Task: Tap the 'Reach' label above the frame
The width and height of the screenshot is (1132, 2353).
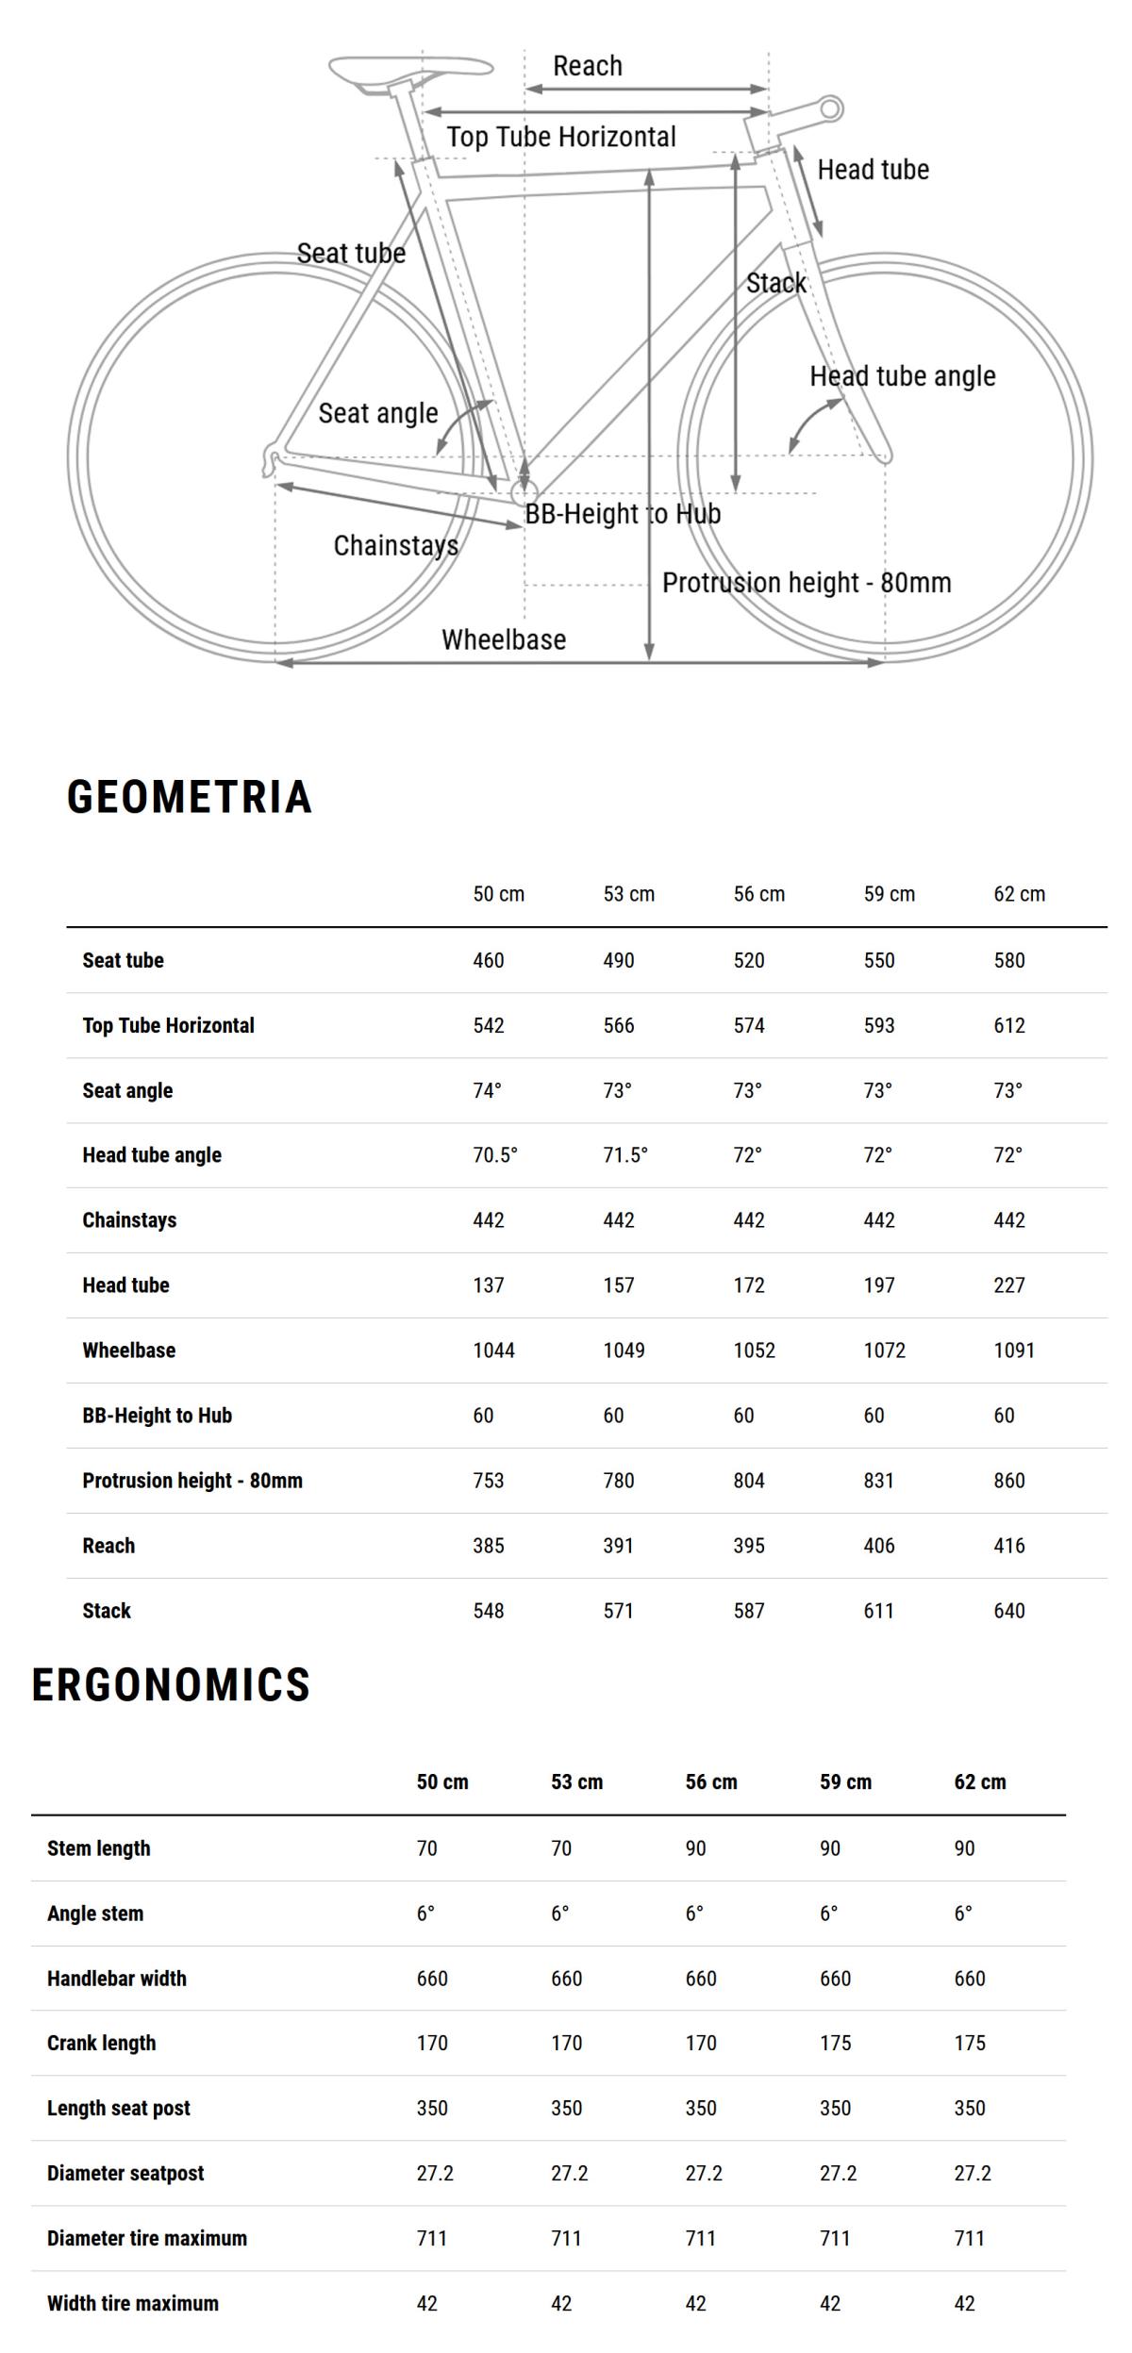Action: tap(587, 66)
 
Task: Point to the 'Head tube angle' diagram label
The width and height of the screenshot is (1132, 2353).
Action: tap(902, 376)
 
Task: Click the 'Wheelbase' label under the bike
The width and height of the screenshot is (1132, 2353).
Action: tap(504, 639)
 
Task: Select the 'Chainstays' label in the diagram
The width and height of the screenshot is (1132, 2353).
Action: tap(396, 545)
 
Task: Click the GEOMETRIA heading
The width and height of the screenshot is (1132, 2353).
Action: tap(189, 797)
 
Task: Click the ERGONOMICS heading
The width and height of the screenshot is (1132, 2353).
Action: tap(171, 1684)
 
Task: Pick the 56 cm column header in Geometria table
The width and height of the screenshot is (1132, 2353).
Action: tap(758, 894)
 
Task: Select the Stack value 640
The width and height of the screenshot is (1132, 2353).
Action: tap(1008, 1611)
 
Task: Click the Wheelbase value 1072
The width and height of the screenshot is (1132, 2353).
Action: tap(884, 1350)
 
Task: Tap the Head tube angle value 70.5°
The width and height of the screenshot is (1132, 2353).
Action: tap(495, 1155)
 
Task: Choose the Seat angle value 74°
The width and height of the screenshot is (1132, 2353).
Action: tap(487, 1090)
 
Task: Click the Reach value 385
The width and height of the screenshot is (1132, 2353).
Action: tap(488, 1546)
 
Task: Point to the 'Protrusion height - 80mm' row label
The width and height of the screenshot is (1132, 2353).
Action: tap(192, 1481)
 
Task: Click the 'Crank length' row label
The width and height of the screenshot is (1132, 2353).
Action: tap(101, 2043)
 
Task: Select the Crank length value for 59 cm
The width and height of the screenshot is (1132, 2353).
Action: tap(835, 2043)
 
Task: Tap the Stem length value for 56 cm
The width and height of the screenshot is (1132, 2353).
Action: tap(695, 1848)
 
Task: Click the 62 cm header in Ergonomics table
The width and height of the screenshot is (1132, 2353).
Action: tap(979, 1782)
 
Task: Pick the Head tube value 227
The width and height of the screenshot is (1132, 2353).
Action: tap(1008, 1285)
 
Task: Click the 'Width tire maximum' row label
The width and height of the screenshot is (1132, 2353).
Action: tap(133, 2303)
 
